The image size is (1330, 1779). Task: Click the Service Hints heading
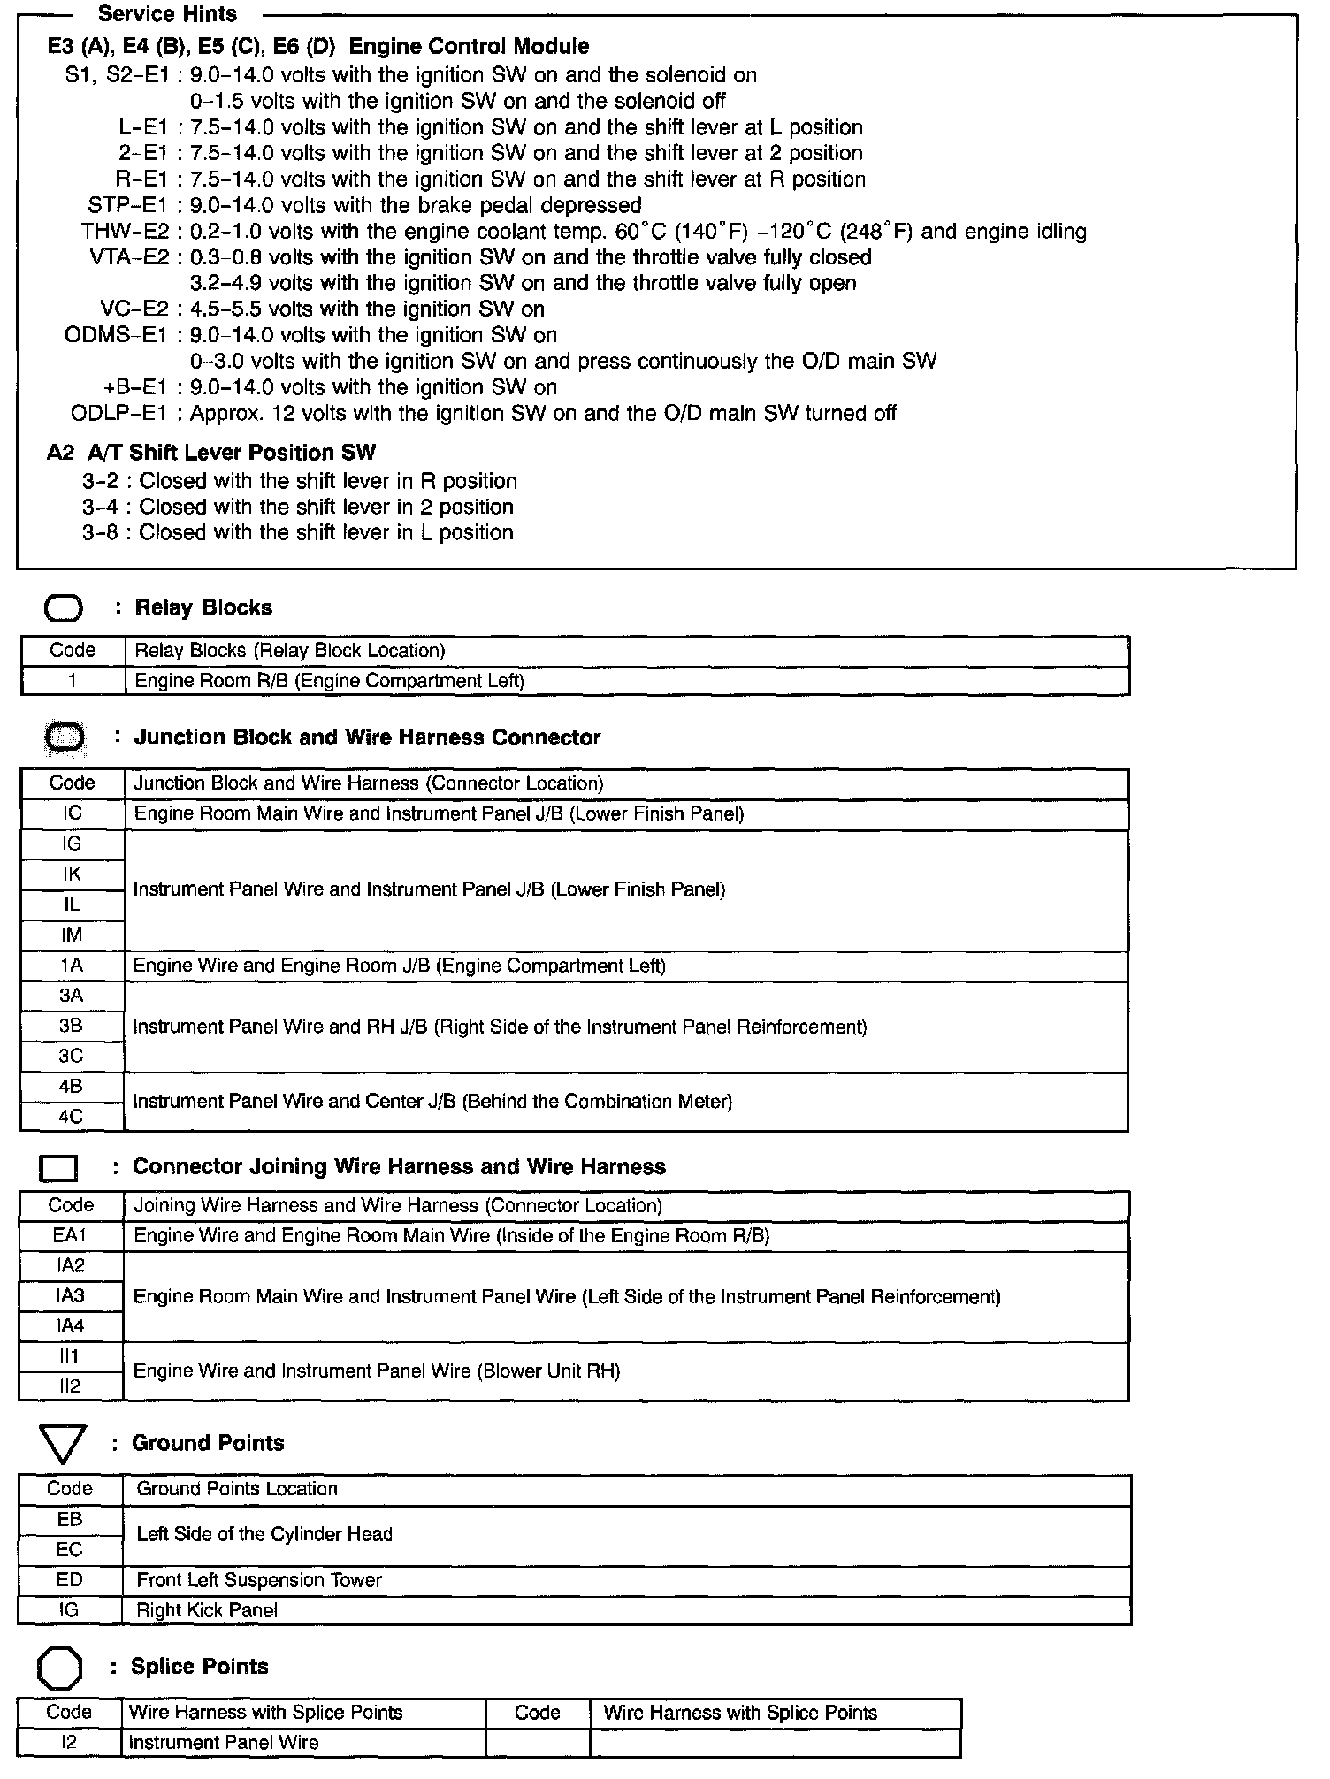(167, 14)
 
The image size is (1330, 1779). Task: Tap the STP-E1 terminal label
(127, 205)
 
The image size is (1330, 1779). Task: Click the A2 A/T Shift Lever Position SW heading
(211, 453)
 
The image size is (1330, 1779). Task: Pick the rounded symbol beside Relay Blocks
(64, 608)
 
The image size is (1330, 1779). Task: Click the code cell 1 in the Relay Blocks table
(73, 681)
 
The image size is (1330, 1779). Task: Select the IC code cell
(73, 813)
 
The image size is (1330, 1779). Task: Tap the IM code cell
(73, 935)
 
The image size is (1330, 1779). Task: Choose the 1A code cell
(72, 966)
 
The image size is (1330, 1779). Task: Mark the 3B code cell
(71, 1026)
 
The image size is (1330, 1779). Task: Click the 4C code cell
(71, 1117)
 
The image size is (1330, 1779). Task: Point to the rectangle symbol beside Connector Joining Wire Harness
(58, 1168)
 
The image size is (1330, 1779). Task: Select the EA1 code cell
(70, 1235)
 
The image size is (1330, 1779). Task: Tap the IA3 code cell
(70, 1296)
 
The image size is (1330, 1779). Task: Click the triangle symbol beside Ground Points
(63, 1443)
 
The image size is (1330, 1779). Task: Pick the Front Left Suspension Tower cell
(259, 1580)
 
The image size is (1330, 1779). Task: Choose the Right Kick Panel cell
(207, 1610)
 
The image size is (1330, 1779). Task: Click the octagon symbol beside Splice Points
(60, 1668)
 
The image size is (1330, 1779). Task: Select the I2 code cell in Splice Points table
(69, 1742)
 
